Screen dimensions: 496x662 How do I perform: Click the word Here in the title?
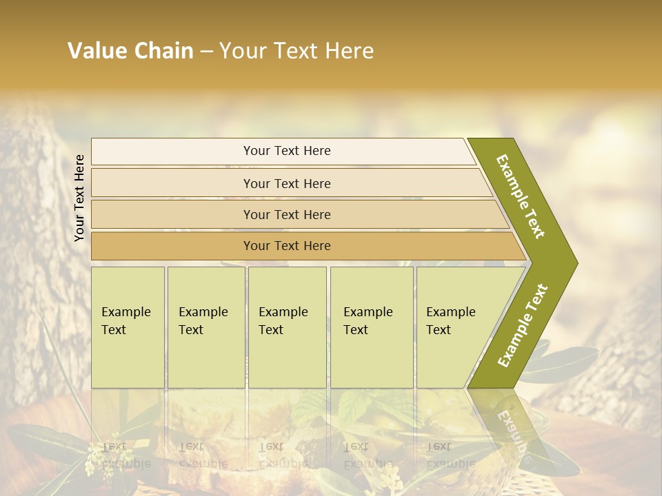349,51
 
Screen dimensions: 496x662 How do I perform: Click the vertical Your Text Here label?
79,198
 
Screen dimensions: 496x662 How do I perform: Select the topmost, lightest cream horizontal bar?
283,152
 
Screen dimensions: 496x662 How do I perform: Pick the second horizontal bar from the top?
290,183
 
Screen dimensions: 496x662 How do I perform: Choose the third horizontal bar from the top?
297,214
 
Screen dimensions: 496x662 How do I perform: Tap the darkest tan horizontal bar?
303,246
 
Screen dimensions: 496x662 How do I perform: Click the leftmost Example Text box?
128,327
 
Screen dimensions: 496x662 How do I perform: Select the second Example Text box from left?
205,327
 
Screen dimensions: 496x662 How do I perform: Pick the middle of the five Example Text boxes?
287,327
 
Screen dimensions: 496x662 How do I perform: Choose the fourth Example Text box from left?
372,327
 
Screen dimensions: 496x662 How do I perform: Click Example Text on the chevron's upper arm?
521,196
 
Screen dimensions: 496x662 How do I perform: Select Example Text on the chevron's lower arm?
522,326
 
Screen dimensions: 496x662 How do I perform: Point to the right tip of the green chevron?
576,263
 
